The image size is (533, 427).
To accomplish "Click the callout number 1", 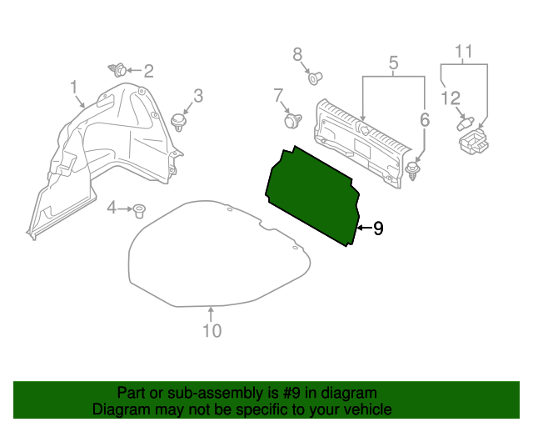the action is (x=73, y=87).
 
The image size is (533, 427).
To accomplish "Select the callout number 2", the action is (x=148, y=71).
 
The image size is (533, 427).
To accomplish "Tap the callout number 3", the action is (x=197, y=96).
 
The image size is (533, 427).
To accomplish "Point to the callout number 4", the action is (x=112, y=208).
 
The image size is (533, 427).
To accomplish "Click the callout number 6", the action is (x=424, y=120).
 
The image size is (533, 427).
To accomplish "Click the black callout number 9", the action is (x=378, y=228).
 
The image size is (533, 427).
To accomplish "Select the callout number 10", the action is (x=212, y=331).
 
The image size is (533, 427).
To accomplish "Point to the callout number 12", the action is (x=451, y=98).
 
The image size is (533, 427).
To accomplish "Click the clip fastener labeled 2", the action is (x=120, y=70).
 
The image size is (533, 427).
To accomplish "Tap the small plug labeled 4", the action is (x=141, y=209).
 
